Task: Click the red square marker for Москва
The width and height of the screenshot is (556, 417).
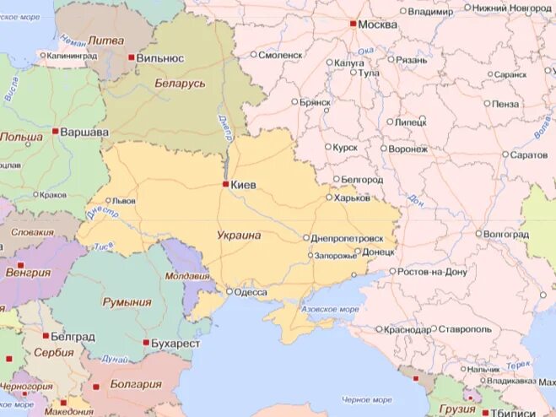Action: (x=354, y=24)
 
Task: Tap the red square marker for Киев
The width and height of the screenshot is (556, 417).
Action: (x=225, y=183)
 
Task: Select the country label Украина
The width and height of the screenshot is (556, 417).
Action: (x=239, y=236)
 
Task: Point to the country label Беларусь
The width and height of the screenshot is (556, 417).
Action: (x=181, y=84)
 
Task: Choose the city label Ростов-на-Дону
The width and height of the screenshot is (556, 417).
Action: (x=433, y=272)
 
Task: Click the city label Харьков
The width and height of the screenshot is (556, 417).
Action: (x=353, y=198)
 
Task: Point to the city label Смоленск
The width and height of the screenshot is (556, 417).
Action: (x=281, y=55)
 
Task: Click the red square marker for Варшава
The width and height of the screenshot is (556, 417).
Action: (x=56, y=132)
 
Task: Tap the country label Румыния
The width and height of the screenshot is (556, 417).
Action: (x=127, y=302)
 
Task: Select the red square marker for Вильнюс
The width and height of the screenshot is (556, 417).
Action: (x=131, y=57)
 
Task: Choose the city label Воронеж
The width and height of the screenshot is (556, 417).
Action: (x=408, y=149)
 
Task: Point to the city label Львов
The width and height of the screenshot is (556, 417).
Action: (x=125, y=202)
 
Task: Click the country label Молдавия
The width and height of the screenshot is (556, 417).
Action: (x=186, y=276)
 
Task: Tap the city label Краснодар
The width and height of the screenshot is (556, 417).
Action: (x=406, y=329)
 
